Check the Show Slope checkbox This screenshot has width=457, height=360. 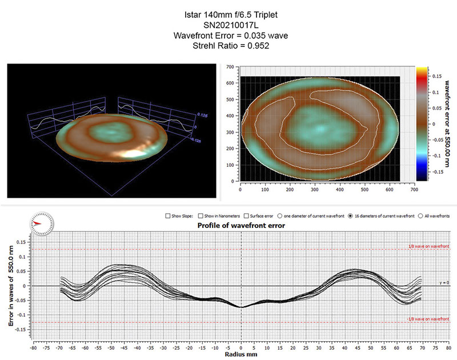pos(167,216)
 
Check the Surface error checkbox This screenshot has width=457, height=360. pos(246,216)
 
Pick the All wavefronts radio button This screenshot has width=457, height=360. pos(420,216)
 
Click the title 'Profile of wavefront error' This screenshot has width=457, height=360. pos(241,226)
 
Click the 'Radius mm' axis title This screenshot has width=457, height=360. pos(241,354)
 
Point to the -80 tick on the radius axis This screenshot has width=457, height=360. pos(34,346)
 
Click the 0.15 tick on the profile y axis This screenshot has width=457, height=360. pos(22,242)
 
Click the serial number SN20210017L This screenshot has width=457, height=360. pos(228,26)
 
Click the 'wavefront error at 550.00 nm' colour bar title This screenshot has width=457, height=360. pos(447,123)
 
